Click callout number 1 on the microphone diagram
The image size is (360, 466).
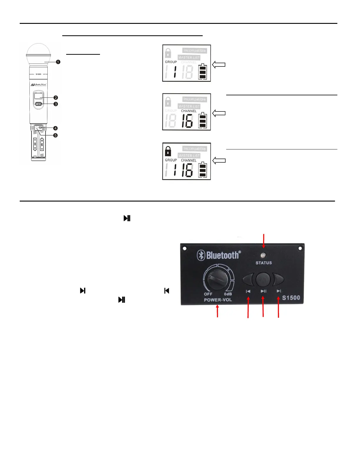click(x=58, y=62)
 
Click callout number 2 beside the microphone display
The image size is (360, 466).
click(x=56, y=98)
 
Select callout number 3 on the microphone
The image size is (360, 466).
click(x=56, y=104)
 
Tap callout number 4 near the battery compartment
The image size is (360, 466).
click(x=55, y=128)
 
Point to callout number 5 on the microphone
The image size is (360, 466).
click(x=55, y=135)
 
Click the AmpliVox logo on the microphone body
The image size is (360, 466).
click(x=39, y=85)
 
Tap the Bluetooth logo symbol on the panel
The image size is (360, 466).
click(x=201, y=255)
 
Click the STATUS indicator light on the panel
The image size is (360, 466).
click(x=264, y=255)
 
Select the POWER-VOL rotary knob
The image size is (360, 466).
click(x=218, y=280)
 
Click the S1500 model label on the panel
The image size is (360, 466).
click(x=291, y=298)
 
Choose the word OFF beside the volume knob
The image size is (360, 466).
click(x=208, y=294)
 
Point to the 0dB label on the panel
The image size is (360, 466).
click(x=228, y=294)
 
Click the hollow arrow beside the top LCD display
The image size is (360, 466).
click(x=219, y=65)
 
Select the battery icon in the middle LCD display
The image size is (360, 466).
click(x=202, y=120)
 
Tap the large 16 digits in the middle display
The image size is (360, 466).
click(x=187, y=121)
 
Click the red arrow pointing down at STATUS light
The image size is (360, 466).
click(x=264, y=241)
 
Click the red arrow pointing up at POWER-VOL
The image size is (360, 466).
click(x=217, y=311)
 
